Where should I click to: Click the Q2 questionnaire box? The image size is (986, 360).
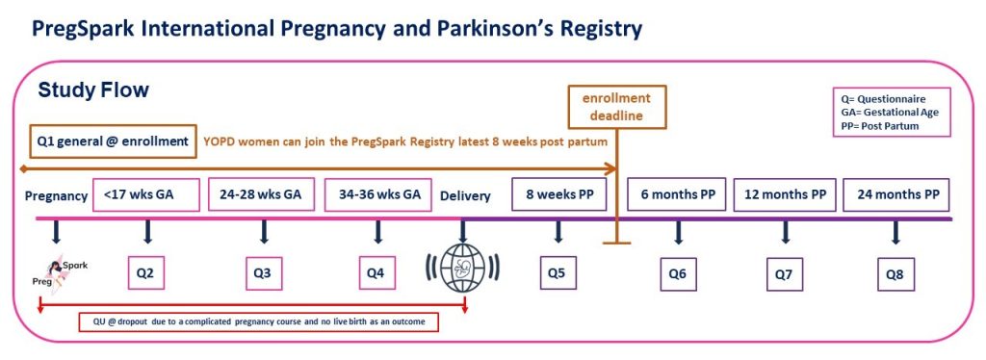(146, 273)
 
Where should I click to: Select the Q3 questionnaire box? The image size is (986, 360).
(264, 273)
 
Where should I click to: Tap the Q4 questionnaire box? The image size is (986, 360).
(377, 273)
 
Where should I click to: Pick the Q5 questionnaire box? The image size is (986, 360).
(558, 272)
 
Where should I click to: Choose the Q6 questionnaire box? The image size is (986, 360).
(679, 274)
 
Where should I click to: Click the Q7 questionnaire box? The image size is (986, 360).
(785, 274)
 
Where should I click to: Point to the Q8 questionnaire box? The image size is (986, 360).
(896, 274)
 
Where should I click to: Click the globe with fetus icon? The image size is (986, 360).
(463, 268)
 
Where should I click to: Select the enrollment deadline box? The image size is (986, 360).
(616, 107)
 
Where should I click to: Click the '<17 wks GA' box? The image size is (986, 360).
(146, 194)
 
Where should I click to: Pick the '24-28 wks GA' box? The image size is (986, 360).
(260, 194)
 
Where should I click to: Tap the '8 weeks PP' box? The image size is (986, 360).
(559, 194)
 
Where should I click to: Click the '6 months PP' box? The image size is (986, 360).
(677, 194)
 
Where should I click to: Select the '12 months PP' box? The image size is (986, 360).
(785, 194)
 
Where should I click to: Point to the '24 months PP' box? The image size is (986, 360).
(896, 194)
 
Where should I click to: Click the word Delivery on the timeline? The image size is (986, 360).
(465, 196)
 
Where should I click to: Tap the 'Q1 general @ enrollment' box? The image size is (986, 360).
(114, 141)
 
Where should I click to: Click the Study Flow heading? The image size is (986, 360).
(93, 90)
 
